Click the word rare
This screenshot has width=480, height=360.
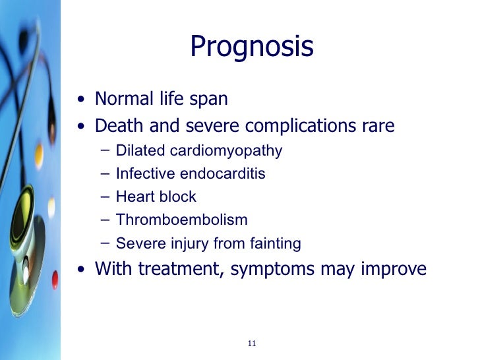[x=377, y=125]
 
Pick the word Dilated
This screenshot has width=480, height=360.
[x=140, y=151]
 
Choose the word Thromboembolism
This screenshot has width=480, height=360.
[x=181, y=220]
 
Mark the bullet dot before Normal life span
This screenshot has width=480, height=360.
[x=80, y=101]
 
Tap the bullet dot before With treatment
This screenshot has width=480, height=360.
[x=80, y=270]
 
